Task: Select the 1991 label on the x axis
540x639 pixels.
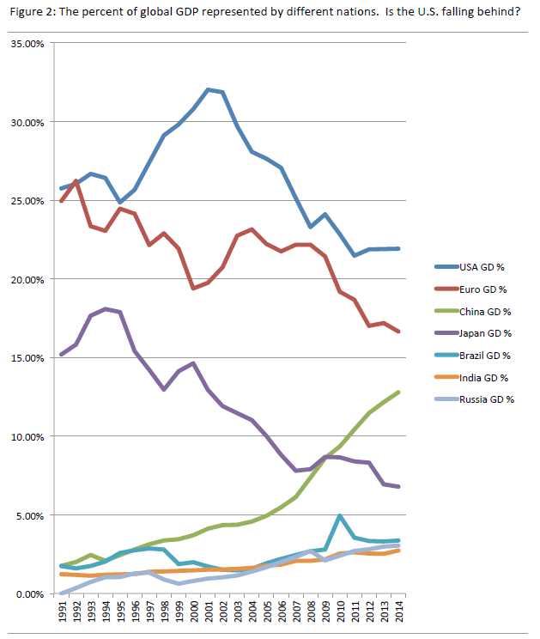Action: point(62,611)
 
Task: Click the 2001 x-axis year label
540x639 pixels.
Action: point(209,611)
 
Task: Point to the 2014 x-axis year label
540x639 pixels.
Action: point(400,611)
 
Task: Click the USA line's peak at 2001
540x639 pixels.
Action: point(209,89)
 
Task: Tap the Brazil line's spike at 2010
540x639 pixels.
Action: point(341,516)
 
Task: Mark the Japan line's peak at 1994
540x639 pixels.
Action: point(106,309)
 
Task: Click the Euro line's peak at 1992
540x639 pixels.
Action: point(76,181)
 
